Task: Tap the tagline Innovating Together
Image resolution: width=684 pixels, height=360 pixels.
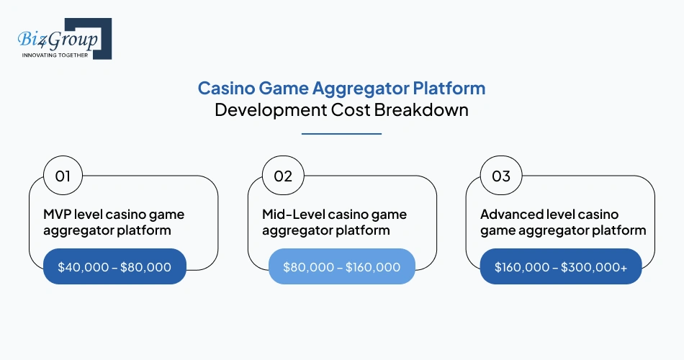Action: pyautogui.click(x=55, y=55)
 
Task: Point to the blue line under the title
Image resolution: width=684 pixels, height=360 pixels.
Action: pyautogui.click(x=341, y=133)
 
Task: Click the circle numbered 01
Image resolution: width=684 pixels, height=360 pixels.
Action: pyautogui.click(x=63, y=176)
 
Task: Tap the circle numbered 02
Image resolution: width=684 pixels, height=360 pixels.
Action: pyautogui.click(x=282, y=176)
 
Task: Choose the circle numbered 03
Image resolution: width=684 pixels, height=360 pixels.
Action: pyautogui.click(x=501, y=176)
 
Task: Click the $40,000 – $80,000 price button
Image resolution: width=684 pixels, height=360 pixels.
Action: pyautogui.click(x=114, y=267)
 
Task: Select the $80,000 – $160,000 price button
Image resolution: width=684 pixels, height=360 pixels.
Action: pyautogui.click(x=341, y=267)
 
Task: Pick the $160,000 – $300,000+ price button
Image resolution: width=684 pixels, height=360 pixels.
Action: pyautogui.click(x=560, y=267)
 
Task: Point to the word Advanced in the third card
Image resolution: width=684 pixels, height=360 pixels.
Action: pyautogui.click(x=510, y=215)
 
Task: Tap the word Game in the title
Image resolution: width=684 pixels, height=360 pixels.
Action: pyautogui.click(x=282, y=89)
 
